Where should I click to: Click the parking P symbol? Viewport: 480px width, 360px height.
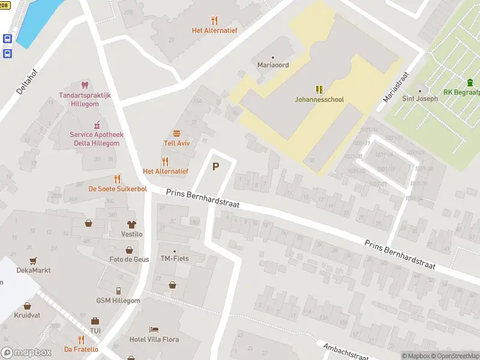[216, 167]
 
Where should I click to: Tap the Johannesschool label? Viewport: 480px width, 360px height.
[319, 100]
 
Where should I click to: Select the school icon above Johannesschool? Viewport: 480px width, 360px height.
[319, 89]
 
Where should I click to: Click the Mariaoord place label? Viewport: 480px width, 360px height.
[273, 65]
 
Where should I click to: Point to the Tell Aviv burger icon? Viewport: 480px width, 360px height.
[176, 133]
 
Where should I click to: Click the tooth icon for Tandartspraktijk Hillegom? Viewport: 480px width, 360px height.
[85, 85]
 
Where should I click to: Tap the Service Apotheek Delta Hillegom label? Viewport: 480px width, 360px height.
[95, 139]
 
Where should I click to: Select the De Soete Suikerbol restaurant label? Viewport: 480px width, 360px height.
[118, 188]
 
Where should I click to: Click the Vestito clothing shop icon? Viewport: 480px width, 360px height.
[131, 224]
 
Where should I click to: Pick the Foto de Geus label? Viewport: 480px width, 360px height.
[130, 259]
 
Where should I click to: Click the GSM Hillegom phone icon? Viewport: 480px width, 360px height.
[118, 290]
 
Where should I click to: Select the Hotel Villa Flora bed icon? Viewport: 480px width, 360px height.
[154, 329]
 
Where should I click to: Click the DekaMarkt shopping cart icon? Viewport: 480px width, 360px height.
[34, 260]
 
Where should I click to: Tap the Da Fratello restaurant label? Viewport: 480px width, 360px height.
[82, 349]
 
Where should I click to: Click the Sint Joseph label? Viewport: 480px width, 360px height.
[419, 98]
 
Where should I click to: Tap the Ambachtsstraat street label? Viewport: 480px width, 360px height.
[345, 352]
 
